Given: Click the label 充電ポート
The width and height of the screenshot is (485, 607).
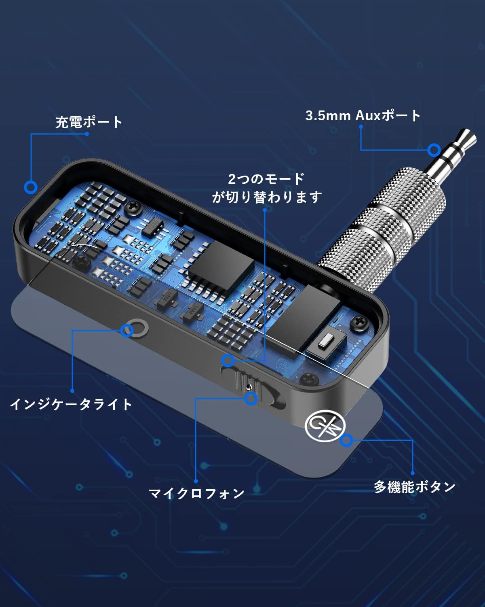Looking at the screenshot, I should point(89,122).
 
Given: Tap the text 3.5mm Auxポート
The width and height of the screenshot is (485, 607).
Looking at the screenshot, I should point(363,116).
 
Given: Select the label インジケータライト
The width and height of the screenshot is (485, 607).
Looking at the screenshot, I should point(71,404).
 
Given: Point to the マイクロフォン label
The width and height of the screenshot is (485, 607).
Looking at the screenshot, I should point(197,493).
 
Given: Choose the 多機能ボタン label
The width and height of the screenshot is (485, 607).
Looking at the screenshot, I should point(414,486).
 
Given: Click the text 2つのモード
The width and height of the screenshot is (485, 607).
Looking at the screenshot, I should point(266,179).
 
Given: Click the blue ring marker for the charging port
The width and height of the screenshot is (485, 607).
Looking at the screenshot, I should point(31,187).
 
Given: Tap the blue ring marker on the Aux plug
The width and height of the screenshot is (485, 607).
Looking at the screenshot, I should point(434,150).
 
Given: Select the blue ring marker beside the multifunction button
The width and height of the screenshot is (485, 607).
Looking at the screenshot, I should point(346,440).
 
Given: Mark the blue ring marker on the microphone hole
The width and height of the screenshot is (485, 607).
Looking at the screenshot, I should point(251,399).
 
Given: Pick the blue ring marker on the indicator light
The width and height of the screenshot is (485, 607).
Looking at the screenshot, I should point(127,331).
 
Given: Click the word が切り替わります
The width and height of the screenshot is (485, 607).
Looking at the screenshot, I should point(267,197).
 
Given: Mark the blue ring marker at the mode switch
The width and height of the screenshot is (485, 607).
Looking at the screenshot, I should point(228,360).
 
